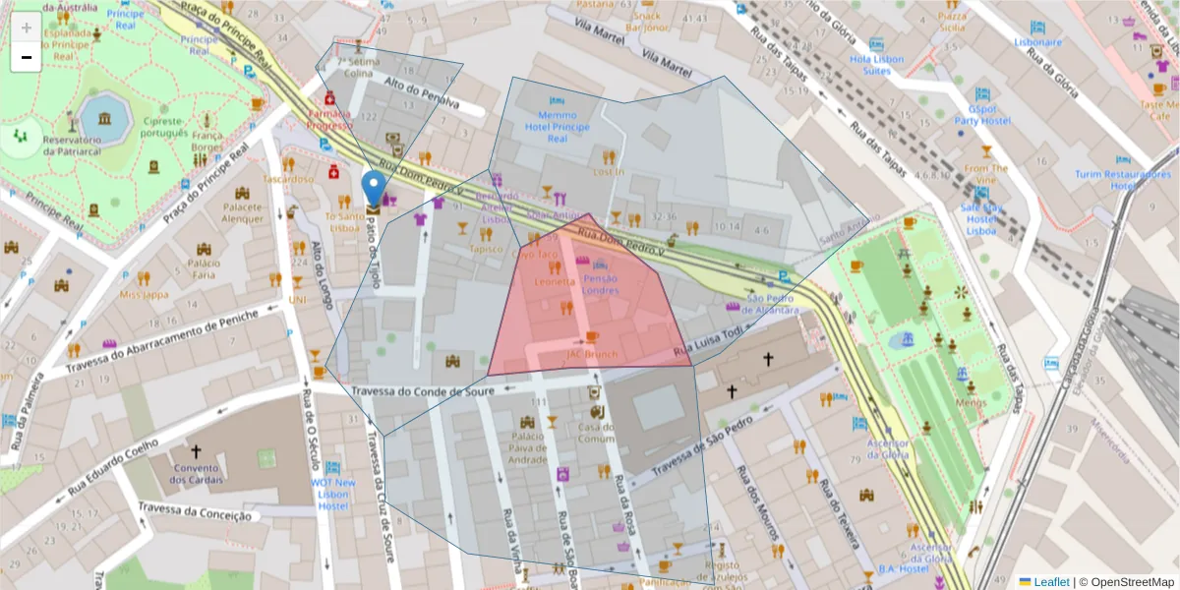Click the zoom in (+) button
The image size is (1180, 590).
tap(27, 27)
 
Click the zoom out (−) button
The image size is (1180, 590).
tap(27, 57)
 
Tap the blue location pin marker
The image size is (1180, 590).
tap(374, 189)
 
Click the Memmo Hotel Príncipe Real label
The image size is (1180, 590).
tap(558, 127)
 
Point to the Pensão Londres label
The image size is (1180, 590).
tap(601, 284)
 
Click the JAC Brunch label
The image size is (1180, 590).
tap(592, 354)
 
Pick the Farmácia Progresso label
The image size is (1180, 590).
tap(329, 119)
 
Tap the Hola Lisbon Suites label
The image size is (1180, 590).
tap(876, 65)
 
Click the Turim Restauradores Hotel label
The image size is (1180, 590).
tap(1121, 180)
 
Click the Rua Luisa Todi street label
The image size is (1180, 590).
tap(707, 343)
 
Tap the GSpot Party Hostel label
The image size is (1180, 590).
tap(989, 115)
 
